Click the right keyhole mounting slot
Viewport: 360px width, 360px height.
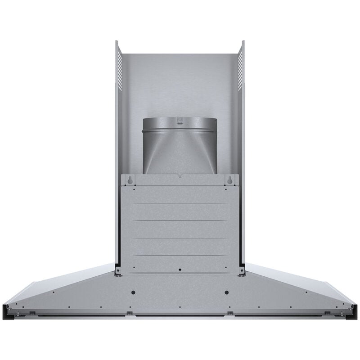click(x=230, y=180)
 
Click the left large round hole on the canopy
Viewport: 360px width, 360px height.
click(x=133, y=292)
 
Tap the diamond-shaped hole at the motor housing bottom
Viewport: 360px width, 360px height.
click(x=180, y=270)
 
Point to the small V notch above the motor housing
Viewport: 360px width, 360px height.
click(x=180, y=176)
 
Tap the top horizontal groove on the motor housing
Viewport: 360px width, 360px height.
click(x=180, y=204)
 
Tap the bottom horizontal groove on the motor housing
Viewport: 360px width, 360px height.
click(x=180, y=256)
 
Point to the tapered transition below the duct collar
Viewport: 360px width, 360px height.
click(x=180, y=155)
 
